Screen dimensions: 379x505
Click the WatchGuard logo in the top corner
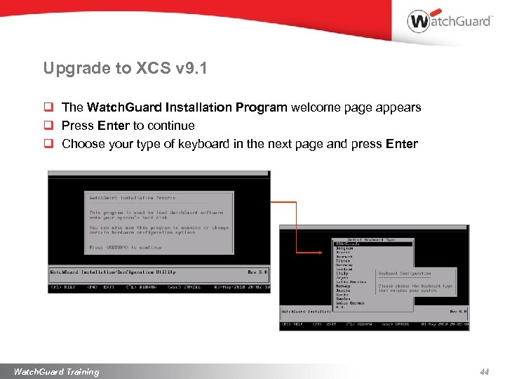click(449, 21)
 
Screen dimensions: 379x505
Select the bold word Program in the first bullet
click(262, 107)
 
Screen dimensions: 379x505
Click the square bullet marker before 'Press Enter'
click(49, 126)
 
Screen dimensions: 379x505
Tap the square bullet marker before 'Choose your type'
click(49, 144)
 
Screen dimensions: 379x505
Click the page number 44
click(484, 372)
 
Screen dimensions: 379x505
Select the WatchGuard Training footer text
click(57, 372)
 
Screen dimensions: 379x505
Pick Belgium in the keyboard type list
click(345, 248)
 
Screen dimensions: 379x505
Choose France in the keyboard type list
click(344, 260)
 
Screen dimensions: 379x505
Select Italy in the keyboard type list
click(342, 273)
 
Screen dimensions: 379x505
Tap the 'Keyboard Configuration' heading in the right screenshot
click(405, 274)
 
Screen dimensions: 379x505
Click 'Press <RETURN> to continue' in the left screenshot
click(126, 247)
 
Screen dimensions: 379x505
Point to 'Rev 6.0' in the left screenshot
click(257, 272)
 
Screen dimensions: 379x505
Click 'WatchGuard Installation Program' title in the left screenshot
click(133, 198)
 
